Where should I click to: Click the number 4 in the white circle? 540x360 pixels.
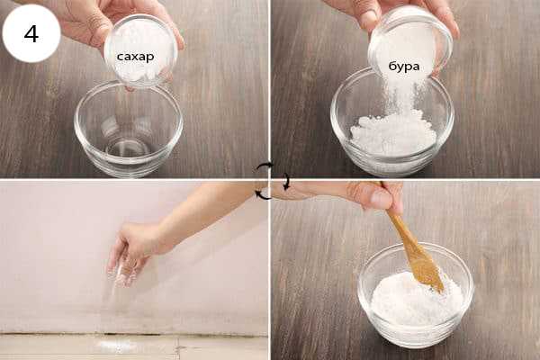point(31,33)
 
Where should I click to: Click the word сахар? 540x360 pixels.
point(135,57)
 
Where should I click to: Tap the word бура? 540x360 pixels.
point(403,66)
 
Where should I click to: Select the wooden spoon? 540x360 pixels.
point(413,241)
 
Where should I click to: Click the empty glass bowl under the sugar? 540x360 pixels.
point(128,130)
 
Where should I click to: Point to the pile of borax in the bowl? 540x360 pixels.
point(392,134)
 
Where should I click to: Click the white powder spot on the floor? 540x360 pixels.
point(115,346)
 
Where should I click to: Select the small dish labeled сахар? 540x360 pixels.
point(140,51)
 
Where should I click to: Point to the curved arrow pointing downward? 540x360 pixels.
point(286,182)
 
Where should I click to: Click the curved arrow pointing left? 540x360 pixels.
point(264,195)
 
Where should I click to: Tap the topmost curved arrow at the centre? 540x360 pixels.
point(265,166)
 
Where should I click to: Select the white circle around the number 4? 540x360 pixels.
point(31,33)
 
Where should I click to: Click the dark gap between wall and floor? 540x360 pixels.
point(133,334)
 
